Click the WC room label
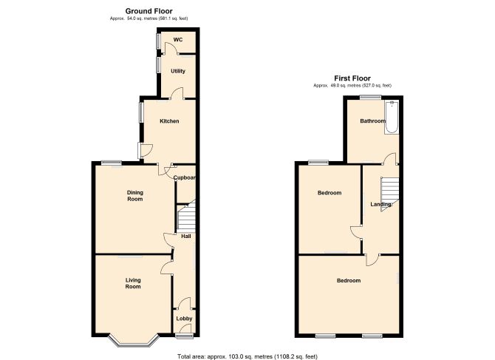pyautogui.click(x=178, y=40)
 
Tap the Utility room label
pyautogui.click(x=178, y=71)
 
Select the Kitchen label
pyautogui.click(x=169, y=121)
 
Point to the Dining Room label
pyautogui.click(x=134, y=196)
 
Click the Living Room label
pyautogui.click(x=133, y=283)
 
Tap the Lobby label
pyautogui.click(x=185, y=319)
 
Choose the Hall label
pyautogui.click(x=186, y=236)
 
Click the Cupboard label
pyautogui.click(x=185, y=178)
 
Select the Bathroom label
pyautogui.click(x=373, y=121)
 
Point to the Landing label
pyautogui.click(x=380, y=204)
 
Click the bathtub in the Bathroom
pyautogui.click(x=392, y=117)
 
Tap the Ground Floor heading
pyautogui.click(x=149, y=11)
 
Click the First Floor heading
pyautogui.click(x=352, y=78)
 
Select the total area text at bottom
pyautogui.click(x=247, y=356)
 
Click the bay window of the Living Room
pyautogui.click(x=133, y=341)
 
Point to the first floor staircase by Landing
pyautogui.click(x=390, y=194)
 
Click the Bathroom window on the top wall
pyautogui.click(x=371, y=98)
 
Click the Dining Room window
pyautogui.click(x=112, y=163)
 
